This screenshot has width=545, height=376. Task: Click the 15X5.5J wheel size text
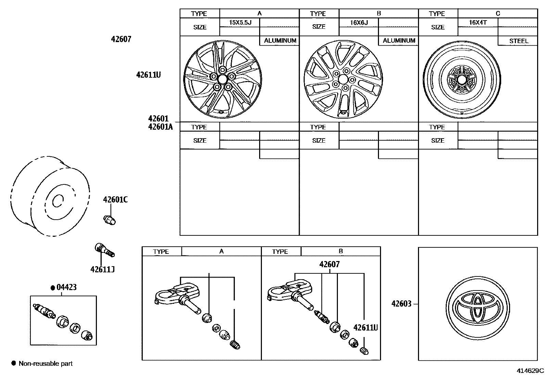pos(240,23)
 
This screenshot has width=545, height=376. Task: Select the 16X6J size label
pos(359,23)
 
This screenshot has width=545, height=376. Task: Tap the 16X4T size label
pos(478,23)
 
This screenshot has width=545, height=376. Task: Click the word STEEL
pos(518,41)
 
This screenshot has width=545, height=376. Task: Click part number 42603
pos(401,303)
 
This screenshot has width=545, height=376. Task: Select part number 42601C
pos(115,199)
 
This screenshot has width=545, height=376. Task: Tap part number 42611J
pos(102,270)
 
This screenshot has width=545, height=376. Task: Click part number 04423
pos(66,287)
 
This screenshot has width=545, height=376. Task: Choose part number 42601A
pos(161,127)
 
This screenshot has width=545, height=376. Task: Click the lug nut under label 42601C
pos(110,220)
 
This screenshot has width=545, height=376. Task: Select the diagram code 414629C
pos(530,371)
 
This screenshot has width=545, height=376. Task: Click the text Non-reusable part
pos(46,363)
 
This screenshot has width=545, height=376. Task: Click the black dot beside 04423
pos(53,288)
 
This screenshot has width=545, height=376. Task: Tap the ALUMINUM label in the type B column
pos(399,41)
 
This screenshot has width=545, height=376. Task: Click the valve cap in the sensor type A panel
pos(236,345)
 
